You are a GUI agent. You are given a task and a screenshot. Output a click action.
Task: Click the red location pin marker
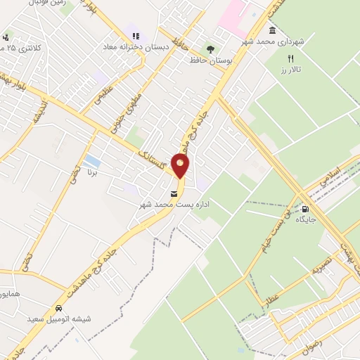coord(181,165)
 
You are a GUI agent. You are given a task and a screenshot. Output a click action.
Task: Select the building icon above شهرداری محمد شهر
coord(272,30)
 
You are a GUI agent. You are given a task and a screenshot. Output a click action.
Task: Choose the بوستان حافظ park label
coord(211,60)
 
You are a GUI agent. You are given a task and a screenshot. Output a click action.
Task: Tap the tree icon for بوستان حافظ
coord(210,49)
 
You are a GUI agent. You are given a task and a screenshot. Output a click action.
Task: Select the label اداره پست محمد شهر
coord(175,205)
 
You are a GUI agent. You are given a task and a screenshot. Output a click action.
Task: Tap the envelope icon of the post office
coord(174,193)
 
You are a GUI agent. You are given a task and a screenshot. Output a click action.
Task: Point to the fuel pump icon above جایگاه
coord(305,209)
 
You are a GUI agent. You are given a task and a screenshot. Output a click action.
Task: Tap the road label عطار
coord(271,298)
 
